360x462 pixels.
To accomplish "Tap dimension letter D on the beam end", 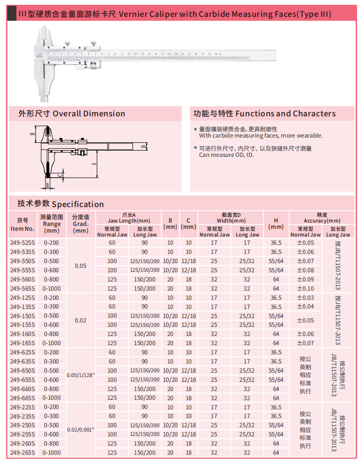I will (x=144, y=145).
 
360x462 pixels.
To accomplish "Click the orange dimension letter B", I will (x=47, y=184).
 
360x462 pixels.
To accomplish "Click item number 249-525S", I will (x=22, y=243).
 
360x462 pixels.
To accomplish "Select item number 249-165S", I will (x=22, y=343).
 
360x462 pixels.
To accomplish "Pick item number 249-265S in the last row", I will (x=22, y=453).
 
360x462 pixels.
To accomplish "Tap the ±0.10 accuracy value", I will (x=305, y=288).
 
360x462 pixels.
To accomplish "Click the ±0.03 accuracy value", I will (x=305, y=298).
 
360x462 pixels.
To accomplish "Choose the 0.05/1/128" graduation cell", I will (x=81, y=375).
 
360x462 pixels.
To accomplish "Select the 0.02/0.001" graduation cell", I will (x=81, y=430).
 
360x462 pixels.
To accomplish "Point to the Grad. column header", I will (x=81, y=224).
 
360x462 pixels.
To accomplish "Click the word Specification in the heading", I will (x=78, y=204).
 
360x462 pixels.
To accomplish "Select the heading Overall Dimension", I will (x=88, y=114).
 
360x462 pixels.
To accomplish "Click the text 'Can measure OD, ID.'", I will (x=227, y=155).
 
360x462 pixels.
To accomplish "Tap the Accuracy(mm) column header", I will (x=322, y=220).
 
